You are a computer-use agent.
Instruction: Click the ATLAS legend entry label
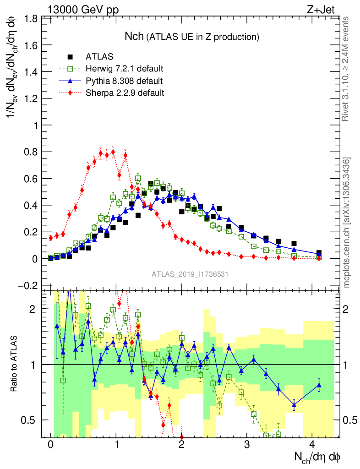[99, 57]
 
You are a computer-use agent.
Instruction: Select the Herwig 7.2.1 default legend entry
[125, 69]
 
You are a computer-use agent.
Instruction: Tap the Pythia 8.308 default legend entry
[124, 81]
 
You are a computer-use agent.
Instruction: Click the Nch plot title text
[192, 36]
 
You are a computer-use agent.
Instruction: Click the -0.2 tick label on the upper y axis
[28, 285]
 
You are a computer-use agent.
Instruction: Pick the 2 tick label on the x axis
[182, 445]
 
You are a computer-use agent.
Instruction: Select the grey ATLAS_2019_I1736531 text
[191, 274]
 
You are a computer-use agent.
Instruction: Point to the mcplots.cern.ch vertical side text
[347, 222]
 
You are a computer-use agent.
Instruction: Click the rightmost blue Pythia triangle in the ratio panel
[319, 385]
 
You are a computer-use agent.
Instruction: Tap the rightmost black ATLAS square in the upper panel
[319, 253]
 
